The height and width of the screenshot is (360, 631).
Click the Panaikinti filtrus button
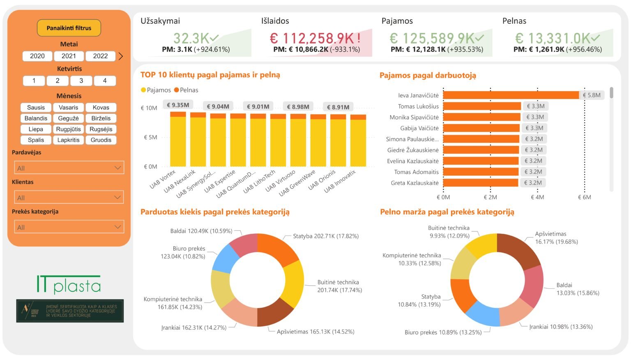69,28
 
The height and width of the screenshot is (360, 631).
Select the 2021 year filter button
69,56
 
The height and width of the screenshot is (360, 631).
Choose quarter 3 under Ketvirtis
81,81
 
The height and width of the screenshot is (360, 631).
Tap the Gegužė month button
68,118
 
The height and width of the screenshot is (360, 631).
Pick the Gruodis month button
101,140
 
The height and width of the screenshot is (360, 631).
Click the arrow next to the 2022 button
121,56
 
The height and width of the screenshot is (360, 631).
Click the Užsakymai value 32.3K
191,39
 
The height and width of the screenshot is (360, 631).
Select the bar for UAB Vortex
178,140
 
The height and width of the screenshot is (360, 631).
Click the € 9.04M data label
218,106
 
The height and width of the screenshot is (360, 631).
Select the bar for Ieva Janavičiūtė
511,95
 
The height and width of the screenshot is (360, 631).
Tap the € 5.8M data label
592,95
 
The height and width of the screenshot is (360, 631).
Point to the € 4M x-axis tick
537,197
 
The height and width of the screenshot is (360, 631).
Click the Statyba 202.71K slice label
325,236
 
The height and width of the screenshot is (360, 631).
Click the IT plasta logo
69,284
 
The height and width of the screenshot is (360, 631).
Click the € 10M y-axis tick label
149,108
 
